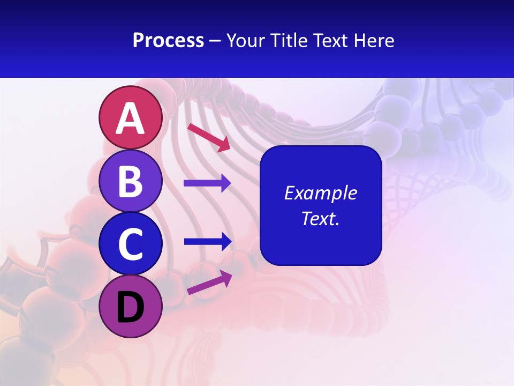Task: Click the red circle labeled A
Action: click(130, 118)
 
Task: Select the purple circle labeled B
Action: click(130, 181)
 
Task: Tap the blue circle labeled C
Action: click(130, 244)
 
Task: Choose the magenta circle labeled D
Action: click(130, 307)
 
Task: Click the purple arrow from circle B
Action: click(207, 183)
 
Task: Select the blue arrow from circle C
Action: click(208, 242)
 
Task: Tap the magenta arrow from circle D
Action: click(209, 283)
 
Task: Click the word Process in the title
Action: click(168, 41)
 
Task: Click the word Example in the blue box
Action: click(321, 193)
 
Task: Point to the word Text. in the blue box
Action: click(321, 218)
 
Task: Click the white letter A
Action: click(130, 118)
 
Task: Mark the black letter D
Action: click(130, 308)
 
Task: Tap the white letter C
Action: click(130, 244)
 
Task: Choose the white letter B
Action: click(130, 182)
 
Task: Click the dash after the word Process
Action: click(215, 41)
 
